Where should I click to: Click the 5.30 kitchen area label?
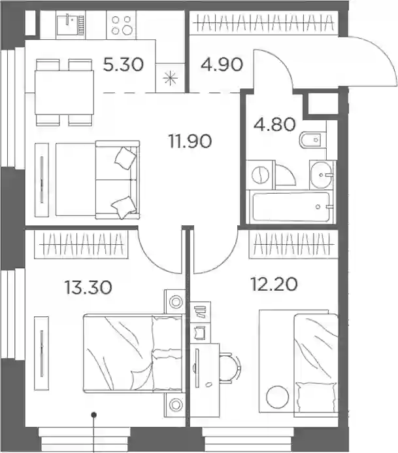click(123, 64)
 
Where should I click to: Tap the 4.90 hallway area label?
click(222, 64)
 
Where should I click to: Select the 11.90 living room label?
click(190, 141)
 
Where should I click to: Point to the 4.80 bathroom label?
click(274, 124)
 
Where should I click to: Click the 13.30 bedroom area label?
click(88, 288)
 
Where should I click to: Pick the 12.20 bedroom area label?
click(274, 284)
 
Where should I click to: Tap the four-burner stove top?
click(121, 25)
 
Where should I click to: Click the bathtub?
click(291, 207)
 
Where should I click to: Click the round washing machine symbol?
click(260, 175)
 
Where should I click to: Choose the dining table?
click(64, 92)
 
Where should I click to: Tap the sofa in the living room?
click(97, 179)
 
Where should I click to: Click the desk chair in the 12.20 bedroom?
click(229, 368)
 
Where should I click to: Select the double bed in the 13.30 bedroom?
click(133, 353)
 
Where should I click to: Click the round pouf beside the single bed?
click(278, 397)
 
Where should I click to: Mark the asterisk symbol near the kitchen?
click(170, 78)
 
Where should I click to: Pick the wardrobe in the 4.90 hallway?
click(263, 23)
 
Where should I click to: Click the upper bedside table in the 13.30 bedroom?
click(174, 302)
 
